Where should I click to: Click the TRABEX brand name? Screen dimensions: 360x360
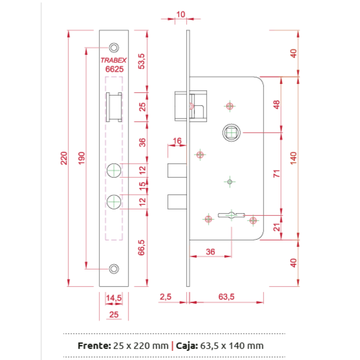(113, 60)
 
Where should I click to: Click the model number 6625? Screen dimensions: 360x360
(114, 69)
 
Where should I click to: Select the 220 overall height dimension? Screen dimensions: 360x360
(64, 158)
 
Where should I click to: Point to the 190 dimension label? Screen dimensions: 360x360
(81, 158)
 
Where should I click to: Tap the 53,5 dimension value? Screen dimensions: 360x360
(142, 61)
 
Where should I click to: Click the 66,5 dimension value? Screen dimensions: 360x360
(142, 248)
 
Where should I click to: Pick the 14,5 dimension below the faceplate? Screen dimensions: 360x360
(114, 298)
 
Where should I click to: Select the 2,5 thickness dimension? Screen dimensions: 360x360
(165, 297)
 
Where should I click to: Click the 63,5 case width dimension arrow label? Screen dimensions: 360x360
(226, 297)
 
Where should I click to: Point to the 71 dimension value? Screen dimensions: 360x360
(277, 174)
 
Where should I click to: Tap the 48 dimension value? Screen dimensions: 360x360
(277, 105)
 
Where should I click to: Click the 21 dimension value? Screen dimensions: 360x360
(277, 228)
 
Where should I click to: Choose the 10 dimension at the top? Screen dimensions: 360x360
(180, 14)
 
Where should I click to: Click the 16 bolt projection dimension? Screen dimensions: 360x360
(177, 141)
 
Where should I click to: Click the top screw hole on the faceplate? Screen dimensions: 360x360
(114, 48)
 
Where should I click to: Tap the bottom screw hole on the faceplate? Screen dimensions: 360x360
(114, 269)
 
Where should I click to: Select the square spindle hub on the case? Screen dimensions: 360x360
(231, 132)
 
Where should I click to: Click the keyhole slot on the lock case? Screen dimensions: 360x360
(231, 215)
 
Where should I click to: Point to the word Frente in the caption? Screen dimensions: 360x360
(94, 346)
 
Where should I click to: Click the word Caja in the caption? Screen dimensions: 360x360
(187, 346)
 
